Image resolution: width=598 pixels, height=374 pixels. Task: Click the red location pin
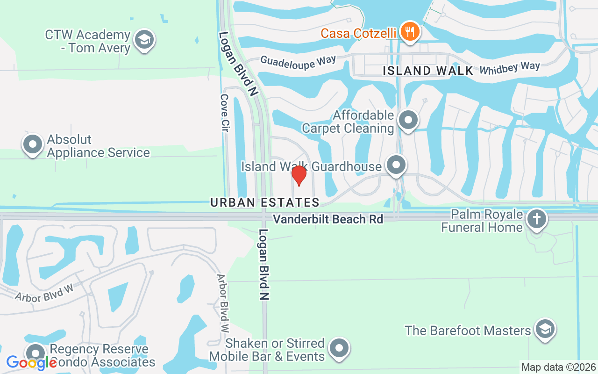point(299,175)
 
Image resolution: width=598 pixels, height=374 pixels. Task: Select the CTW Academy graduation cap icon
point(144,41)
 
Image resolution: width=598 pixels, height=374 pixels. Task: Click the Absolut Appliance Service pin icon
point(33,145)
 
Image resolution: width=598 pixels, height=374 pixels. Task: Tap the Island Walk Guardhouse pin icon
point(397,165)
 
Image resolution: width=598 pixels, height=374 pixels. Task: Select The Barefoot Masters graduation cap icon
point(544,330)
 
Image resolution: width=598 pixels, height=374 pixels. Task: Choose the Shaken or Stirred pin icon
point(339,349)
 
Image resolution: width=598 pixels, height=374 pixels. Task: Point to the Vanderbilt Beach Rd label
point(328,219)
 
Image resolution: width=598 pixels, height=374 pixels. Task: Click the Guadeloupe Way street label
point(298,62)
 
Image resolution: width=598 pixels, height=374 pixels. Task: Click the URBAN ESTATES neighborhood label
point(265,202)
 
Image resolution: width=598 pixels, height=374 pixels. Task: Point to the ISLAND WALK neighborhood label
point(428,71)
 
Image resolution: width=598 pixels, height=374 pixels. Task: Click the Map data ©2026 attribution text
point(559,367)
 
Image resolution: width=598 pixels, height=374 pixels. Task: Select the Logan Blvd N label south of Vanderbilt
point(264,264)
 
